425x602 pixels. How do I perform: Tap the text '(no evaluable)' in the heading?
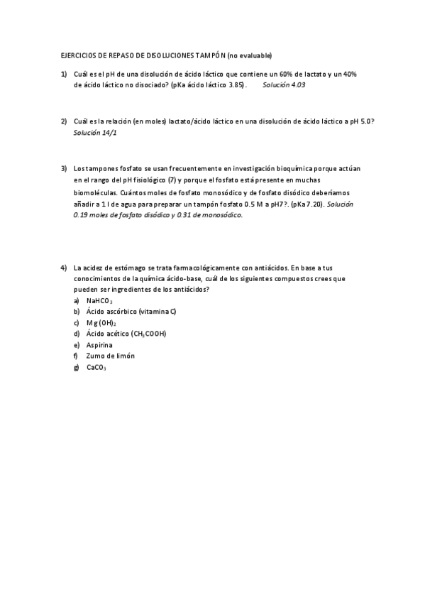[x=249, y=55]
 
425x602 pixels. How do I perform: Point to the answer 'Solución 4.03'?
[x=284, y=84]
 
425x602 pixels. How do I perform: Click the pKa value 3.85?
[x=233, y=84]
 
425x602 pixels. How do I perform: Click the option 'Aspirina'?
[x=99, y=345]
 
